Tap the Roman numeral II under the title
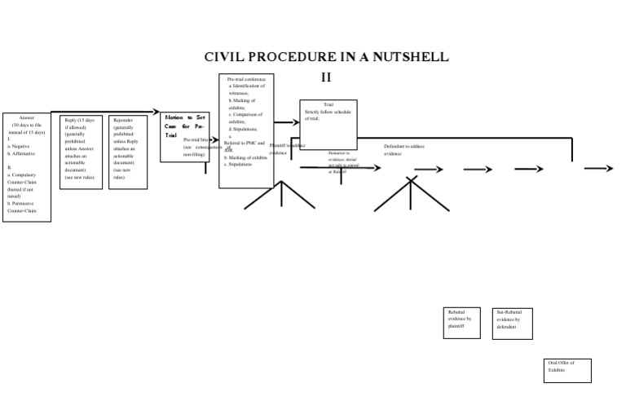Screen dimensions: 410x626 click(326, 77)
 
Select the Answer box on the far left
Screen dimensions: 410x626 click(26, 167)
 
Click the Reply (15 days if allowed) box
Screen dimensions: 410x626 click(81, 152)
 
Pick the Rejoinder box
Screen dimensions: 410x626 click(128, 152)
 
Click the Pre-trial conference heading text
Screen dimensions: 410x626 click(246, 79)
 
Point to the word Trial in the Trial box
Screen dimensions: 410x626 click(328, 105)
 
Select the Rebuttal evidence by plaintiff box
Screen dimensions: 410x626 click(461, 323)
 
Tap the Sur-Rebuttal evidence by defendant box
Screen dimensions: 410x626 click(512, 324)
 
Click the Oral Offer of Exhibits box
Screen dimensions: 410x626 click(567, 370)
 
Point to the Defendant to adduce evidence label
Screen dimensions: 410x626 click(404, 150)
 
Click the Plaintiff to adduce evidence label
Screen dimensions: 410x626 click(286, 148)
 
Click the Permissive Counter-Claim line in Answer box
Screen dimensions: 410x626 click(23, 207)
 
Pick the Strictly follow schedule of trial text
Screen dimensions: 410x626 click(328, 115)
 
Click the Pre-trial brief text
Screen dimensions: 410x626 click(198, 139)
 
